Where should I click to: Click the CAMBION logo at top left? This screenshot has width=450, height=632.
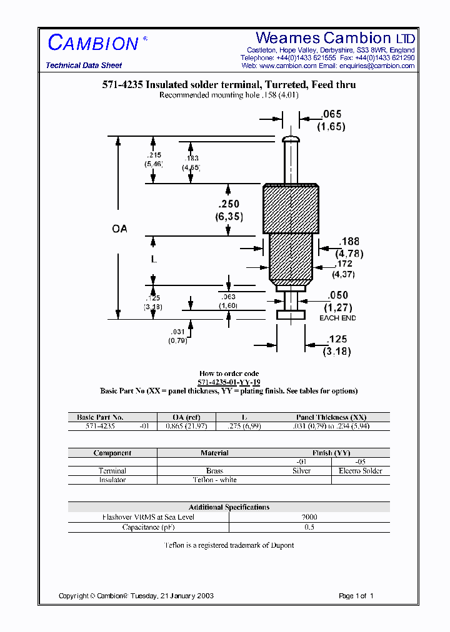[93, 43]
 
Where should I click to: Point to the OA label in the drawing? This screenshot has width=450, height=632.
[119, 229]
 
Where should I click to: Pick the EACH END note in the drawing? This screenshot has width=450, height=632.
[337, 318]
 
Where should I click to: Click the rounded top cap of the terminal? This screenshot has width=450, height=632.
[291, 139]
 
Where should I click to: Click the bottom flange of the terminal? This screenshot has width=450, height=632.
[291, 315]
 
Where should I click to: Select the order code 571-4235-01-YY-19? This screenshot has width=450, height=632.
[229, 382]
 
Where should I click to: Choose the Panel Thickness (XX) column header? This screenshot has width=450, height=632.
[331, 417]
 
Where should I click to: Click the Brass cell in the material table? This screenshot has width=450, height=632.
[214, 471]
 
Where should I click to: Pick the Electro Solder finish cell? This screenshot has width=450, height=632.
[360, 471]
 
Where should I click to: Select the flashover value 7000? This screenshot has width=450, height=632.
[309, 517]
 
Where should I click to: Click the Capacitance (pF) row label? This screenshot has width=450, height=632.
[148, 527]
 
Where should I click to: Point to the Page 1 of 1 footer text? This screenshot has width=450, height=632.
[356, 596]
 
